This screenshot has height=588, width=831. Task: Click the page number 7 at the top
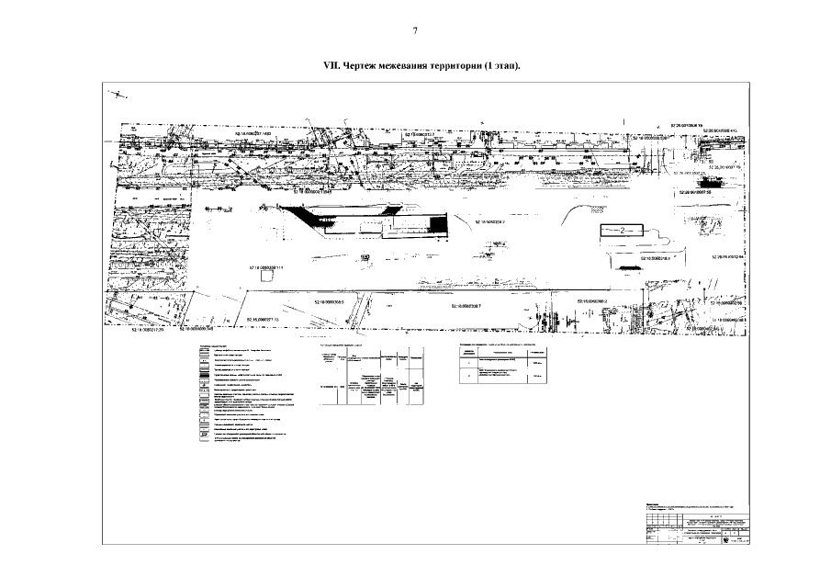click(415, 31)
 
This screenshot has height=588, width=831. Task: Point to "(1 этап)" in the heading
click(503, 67)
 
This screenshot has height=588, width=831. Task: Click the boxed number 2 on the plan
click(622, 230)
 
